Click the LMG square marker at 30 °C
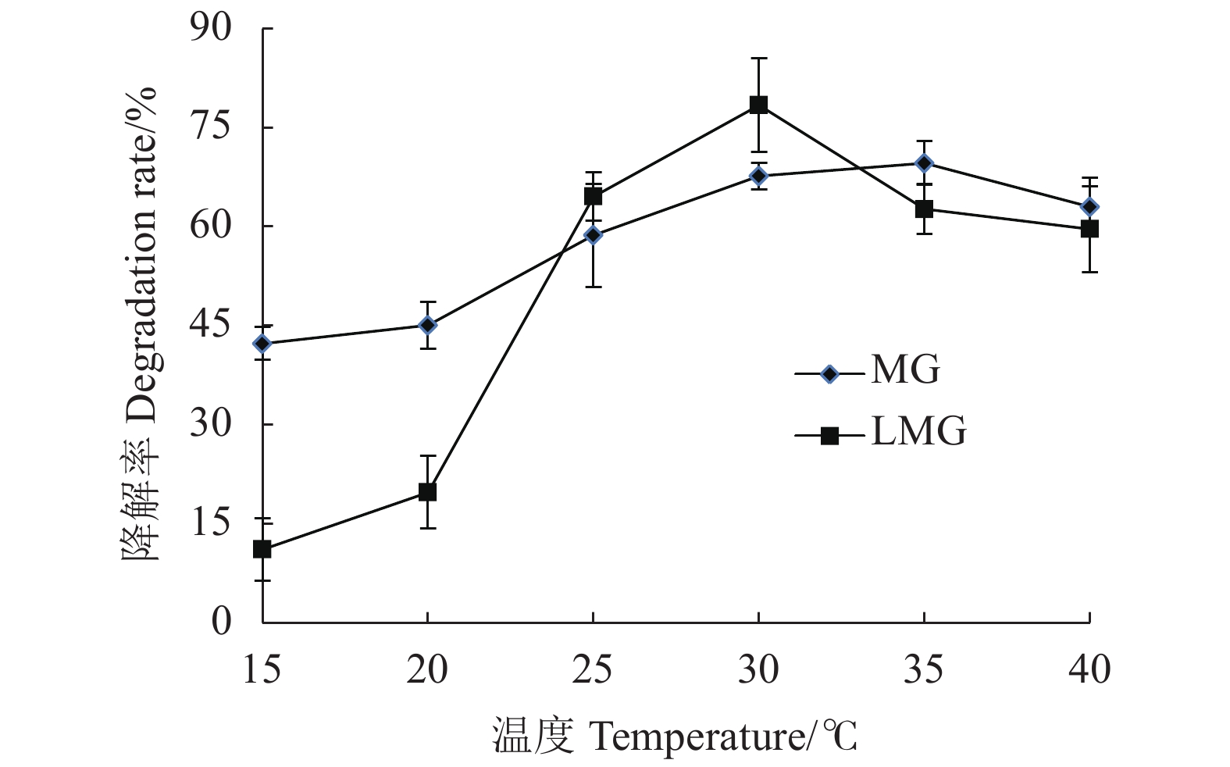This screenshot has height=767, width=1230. [x=758, y=105]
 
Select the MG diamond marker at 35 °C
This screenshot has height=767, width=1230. [x=924, y=163]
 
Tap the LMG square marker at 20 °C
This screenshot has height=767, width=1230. [x=427, y=492]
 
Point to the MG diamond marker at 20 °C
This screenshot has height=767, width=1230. [x=427, y=324]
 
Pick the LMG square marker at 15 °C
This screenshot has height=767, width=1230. [x=262, y=549]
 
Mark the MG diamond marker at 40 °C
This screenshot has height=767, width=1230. [x=1089, y=207]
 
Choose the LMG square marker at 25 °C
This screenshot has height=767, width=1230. [x=593, y=196]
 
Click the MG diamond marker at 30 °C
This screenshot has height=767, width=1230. [x=758, y=176]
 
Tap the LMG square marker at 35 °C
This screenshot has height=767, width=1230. [x=924, y=209]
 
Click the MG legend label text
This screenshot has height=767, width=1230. [x=905, y=369]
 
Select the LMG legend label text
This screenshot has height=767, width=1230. [x=918, y=431]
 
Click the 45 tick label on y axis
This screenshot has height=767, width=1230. [x=211, y=325]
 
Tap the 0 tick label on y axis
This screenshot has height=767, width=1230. [x=222, y=622]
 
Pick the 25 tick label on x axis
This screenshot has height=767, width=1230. [x=593, y=669]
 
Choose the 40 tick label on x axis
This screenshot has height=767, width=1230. [x=1089, y=669]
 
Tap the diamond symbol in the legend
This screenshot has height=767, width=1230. [x=829, y=374]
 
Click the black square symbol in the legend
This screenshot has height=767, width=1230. [x=829, y=436]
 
